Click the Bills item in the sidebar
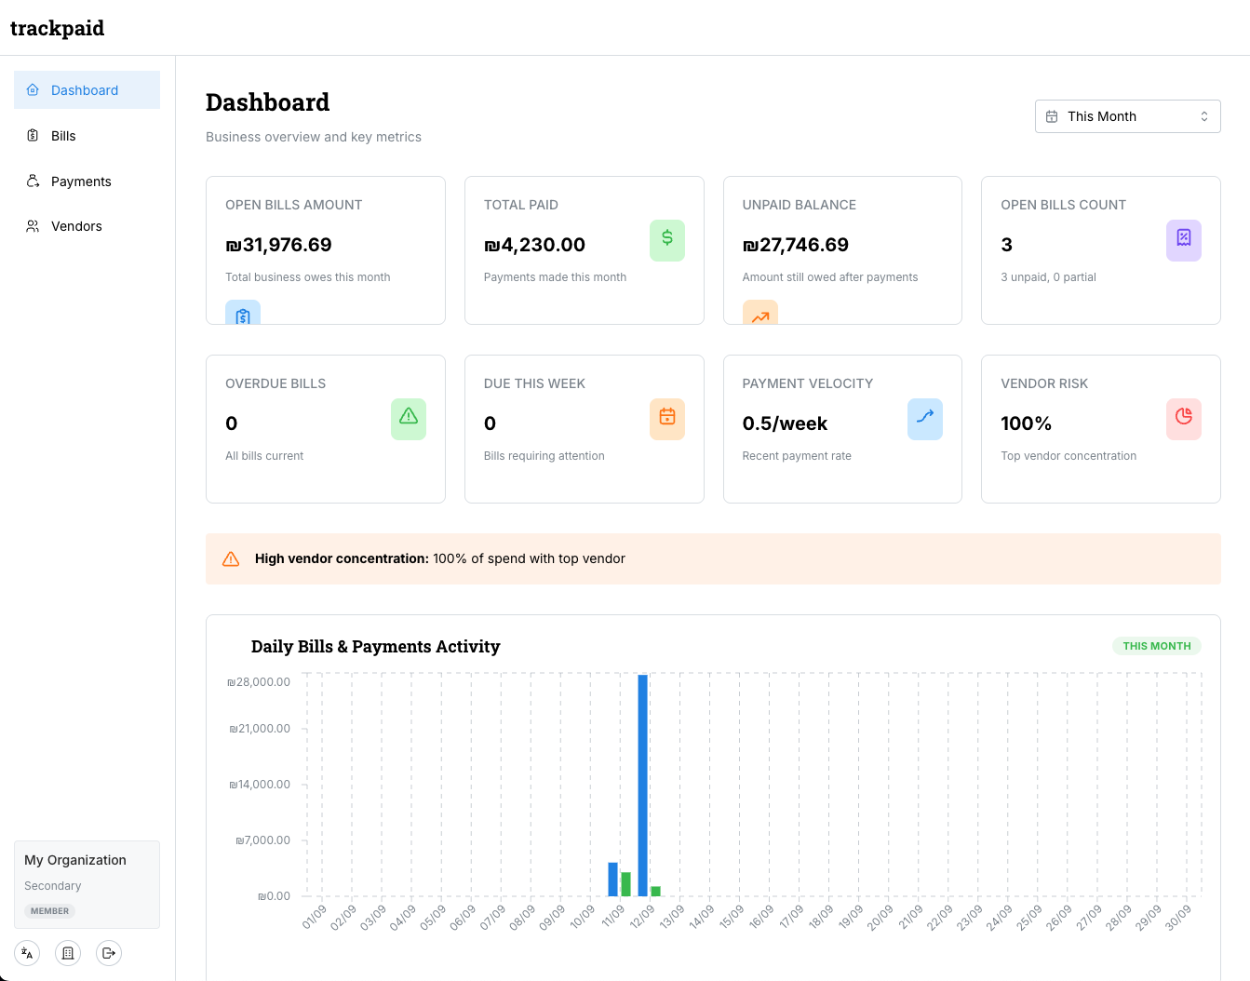(x=63, y=136)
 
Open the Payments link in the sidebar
(x=80, y=181)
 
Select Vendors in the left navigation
(x=76, y=226)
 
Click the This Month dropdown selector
(x=1127, y=116)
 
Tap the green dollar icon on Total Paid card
(x=666, y=240)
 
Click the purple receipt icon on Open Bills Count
(x=1183, y=240)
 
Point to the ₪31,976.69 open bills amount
(x=278, y=245)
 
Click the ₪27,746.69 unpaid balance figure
(x=795, y=245)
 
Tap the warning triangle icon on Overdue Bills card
(x=408, y=418)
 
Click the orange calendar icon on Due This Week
(x=666, y=418)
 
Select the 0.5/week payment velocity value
(x=784, y=423)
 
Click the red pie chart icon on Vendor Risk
(x=1183, y=418)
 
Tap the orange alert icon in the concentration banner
(x=231, y=559)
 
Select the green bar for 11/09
(x=625, y=884)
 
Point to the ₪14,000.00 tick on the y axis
(x=261, y=785)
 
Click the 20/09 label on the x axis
(x=880, y=918)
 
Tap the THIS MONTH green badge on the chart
(x=1156, y=646)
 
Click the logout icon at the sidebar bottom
(x=109, y=953)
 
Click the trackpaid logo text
(x=57, y=28)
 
